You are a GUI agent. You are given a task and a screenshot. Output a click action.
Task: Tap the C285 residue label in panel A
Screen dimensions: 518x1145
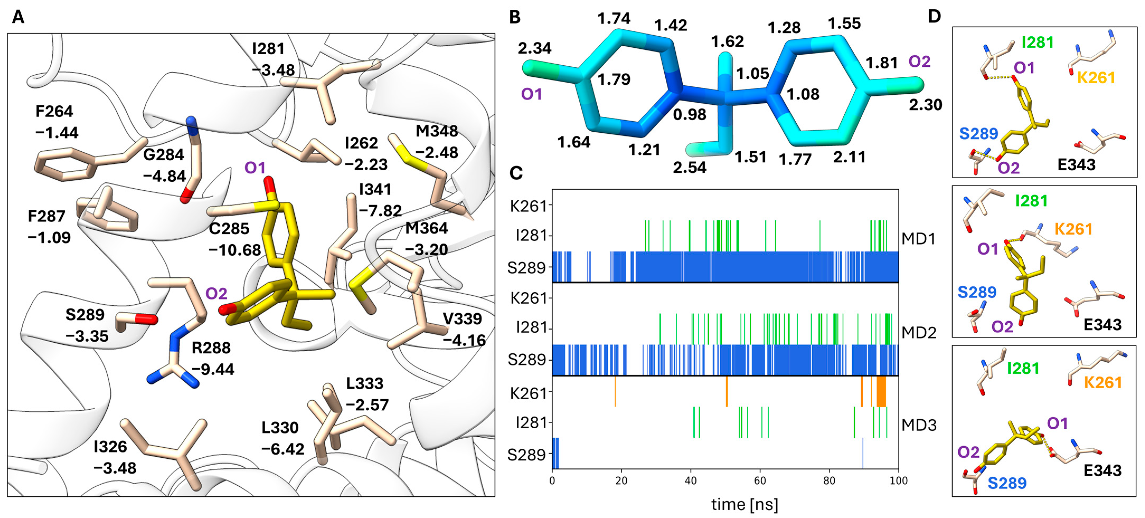click(229, 228)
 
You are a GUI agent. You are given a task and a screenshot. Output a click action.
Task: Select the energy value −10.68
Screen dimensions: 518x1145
click(235, 250)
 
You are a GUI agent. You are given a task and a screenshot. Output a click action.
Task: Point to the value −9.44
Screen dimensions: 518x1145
click(212, 369)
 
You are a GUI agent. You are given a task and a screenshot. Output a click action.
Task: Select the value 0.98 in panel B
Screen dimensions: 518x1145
click(689, 115)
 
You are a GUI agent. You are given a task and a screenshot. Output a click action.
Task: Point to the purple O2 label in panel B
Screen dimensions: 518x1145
click(919, 61)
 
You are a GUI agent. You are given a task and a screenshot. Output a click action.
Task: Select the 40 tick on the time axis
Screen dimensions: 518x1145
click(691, 481)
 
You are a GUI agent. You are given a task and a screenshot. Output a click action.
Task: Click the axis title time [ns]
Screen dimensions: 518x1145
click(745, 504)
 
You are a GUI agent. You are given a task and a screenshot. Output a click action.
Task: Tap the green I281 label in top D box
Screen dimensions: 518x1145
click(1037, 42)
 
